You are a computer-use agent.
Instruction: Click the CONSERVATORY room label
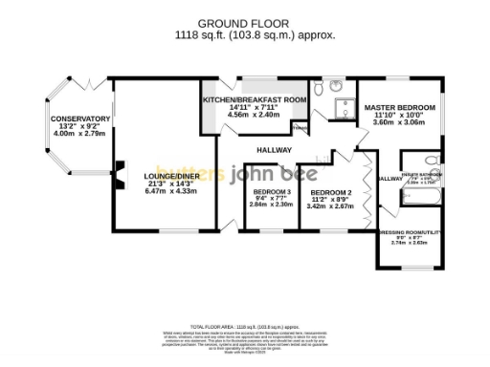click(x=81, y=119)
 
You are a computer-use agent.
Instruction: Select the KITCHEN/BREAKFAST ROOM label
click(x=254, y=99)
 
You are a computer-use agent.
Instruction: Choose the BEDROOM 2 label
click(x=330, y=191)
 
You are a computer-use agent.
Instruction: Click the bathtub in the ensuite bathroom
click(x=425, y=196)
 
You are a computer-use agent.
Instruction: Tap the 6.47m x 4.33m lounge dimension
click(x=169, y=191)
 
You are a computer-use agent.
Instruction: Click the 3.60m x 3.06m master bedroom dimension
click(x=398, y=122)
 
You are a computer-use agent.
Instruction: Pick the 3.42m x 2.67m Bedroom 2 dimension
click(x=330, y=205)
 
